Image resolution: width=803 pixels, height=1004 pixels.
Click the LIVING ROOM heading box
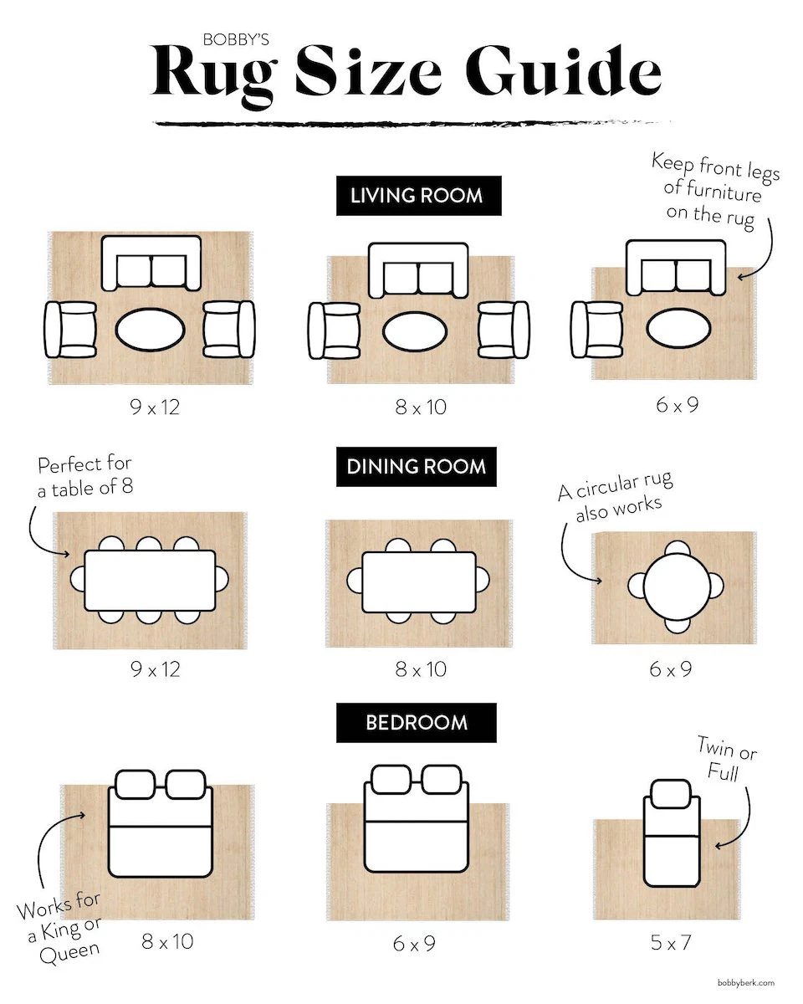[418, 196]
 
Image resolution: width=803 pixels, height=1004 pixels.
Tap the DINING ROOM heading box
[416, 466]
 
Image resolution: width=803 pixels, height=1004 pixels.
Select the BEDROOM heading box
[416, 723]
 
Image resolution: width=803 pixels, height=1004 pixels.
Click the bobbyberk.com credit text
[746, 984]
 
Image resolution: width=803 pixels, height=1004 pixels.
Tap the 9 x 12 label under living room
[155, 407]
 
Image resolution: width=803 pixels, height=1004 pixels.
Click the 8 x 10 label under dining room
[421, 669]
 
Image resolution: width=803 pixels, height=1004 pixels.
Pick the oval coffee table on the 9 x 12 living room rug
[150, 331]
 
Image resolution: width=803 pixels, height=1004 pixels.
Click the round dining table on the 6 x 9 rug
[676, 586]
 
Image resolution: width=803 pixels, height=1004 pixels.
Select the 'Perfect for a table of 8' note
[84, 476]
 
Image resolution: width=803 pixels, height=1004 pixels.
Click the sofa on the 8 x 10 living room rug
[418, 269]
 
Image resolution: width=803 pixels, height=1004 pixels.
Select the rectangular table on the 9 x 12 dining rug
[150, 581]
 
